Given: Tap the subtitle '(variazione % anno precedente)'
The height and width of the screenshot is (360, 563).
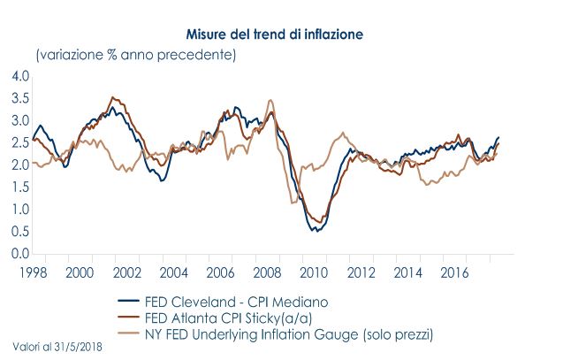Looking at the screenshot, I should point(135,56).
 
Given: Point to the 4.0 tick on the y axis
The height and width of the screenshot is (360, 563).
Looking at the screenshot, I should point(20,76).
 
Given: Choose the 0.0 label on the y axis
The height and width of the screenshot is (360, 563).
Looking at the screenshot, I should point(20,254).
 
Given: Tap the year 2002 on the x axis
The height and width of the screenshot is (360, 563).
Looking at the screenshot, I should point(125,271).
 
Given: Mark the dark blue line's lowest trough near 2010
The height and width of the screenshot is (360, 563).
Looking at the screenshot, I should point(316,231).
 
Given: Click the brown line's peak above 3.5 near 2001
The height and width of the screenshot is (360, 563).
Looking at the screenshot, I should point(112,97).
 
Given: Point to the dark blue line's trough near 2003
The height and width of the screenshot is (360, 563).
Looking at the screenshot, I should point(162,180).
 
